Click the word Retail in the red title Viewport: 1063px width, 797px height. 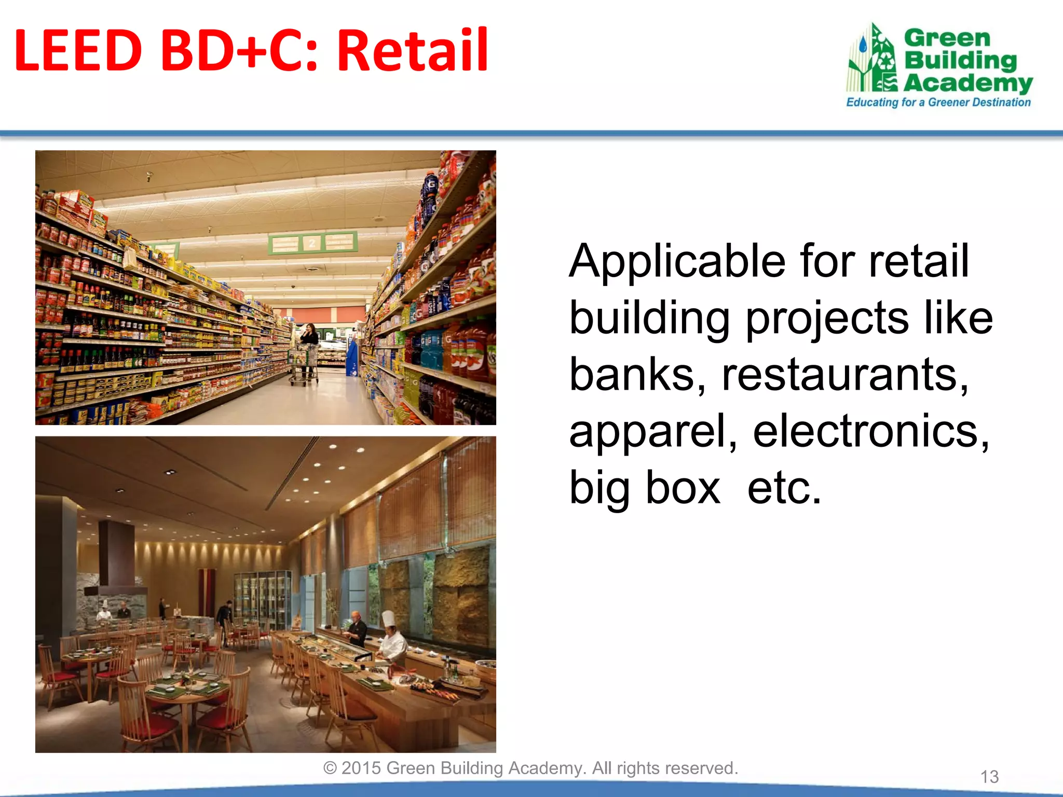point(413,50)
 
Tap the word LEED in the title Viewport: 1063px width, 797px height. point(78,50)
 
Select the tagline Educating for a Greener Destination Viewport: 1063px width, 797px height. point(938,102)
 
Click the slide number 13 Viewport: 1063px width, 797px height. point(989,777)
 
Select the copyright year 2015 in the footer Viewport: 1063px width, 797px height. point(361,768)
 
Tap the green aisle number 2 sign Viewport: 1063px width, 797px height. point(312,242)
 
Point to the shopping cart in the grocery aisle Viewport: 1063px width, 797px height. point(304,366)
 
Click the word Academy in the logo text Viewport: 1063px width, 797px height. point(968,83)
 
